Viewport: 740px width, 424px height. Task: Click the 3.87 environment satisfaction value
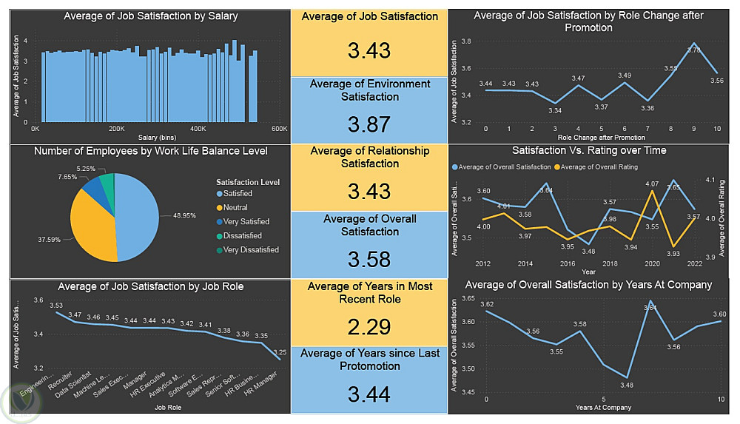click(x=369, y=124)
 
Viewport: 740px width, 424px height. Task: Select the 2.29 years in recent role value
click(x=369, y=327)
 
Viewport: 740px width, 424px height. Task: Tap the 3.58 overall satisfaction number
click(x=369, y=260)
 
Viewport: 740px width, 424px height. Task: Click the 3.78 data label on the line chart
click(x=693, y=50)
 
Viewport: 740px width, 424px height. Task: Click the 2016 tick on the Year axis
click(x=568, y=263)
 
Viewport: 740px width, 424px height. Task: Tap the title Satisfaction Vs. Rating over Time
click(x=588, y=150)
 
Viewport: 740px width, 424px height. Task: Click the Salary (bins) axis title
click(x=156, y=138)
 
